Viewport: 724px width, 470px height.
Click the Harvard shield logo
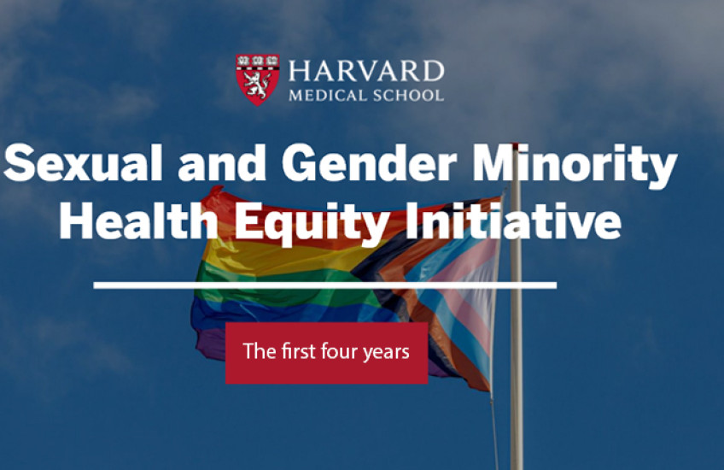click(257, 79)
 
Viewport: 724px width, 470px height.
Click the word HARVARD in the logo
click(366, 70)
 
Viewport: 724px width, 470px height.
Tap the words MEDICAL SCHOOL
click(365, 95)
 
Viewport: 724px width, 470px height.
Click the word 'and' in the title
click(228, 166)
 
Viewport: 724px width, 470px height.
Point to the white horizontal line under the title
click(324, 285)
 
